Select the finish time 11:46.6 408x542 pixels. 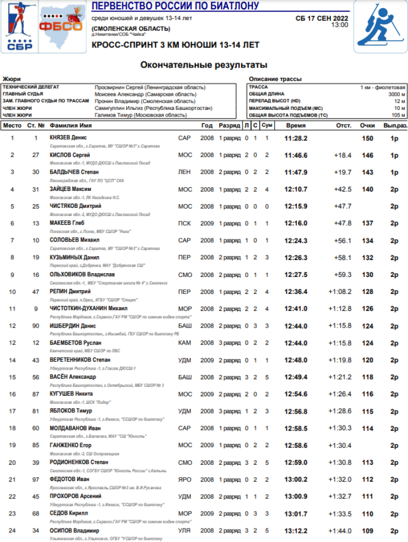coord(296,155)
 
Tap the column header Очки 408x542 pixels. coord(367,126)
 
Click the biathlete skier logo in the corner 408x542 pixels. coord(381,27)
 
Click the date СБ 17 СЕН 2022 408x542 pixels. coord(322,18)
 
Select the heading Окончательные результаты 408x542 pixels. coord(203,65)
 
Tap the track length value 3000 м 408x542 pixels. coord(397,94)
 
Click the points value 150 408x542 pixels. coord(368,138)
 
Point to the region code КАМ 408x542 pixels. coord(184,343)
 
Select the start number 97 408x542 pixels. coord(36,479)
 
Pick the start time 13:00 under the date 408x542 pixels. coord(339,25)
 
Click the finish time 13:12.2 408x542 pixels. coord(296,530)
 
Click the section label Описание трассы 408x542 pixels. coord(275,79)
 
